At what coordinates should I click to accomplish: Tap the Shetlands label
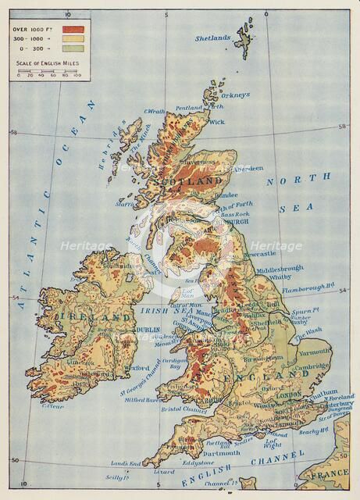tap(213, 37)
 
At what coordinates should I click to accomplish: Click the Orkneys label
tap(234, 95)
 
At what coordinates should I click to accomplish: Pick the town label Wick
tap(216, 123)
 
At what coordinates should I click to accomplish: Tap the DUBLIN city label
tap(148, 330)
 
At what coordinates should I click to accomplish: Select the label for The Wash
tap(310, 330)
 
